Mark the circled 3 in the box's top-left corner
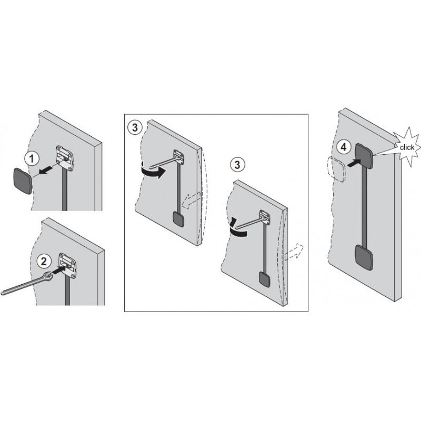(x=135, y=126)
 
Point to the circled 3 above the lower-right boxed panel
(x=236, y=164)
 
